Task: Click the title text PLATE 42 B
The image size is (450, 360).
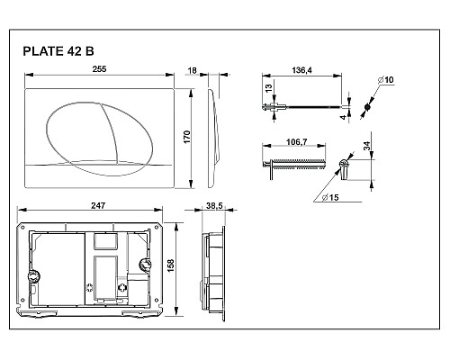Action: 59,51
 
